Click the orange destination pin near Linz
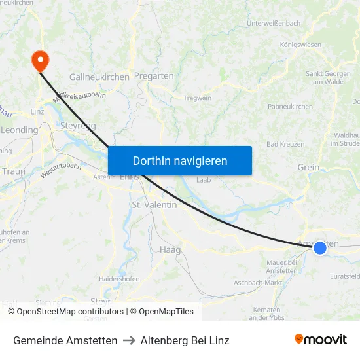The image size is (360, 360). click(41, 60)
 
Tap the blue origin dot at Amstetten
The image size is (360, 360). click(320, 247)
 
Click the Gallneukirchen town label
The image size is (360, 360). click(99, 77)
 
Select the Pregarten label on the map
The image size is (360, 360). click(154, 76)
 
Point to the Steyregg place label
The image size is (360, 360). click(79, 125)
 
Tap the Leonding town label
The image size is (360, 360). click(20, 130)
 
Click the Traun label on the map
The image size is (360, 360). click(13, 171)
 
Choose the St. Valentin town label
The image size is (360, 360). click(154, 205)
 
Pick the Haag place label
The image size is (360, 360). click(170, 249)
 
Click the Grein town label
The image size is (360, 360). click(308, 168)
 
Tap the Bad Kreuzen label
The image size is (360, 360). click(285, 144)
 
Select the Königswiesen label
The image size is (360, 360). click(300, 45)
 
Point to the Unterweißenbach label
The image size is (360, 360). click(274, 24)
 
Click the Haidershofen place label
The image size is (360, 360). click(119, 279)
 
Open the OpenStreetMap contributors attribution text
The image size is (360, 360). click(70, 312)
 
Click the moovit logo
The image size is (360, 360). click(321, 340)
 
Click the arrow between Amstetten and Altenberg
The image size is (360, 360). click(129, 340)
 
